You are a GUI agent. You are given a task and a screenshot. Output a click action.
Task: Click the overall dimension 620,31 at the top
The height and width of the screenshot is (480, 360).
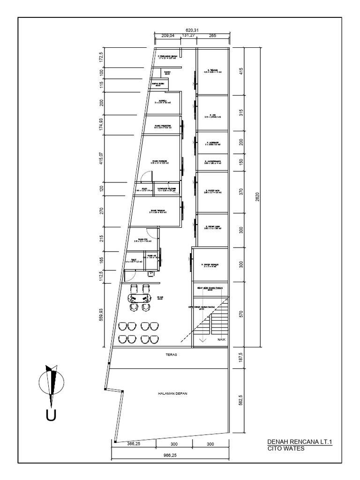191,30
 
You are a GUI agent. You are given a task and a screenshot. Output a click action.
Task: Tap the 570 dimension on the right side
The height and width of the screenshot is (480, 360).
241,315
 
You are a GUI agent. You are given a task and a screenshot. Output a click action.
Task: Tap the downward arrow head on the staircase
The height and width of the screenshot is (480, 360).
202,341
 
